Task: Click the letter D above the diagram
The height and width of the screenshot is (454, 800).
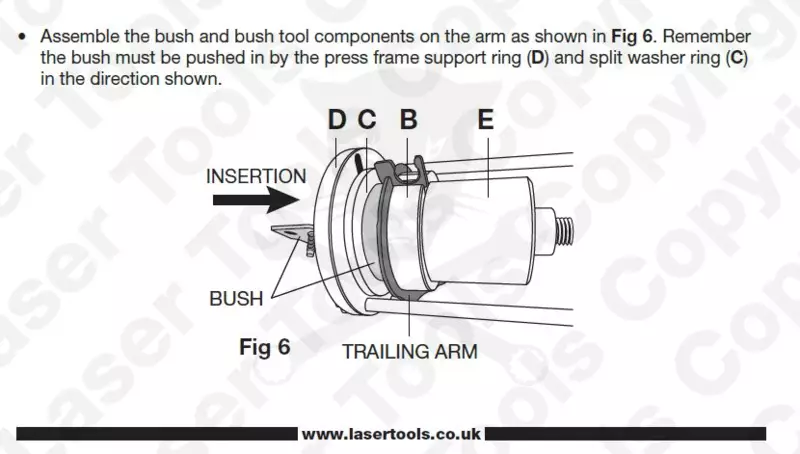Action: tap(337, 120)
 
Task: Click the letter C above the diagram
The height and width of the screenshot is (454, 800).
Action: tap(367, 120)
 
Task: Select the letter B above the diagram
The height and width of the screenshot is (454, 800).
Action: tap(409, 120)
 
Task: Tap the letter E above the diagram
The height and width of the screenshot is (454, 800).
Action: tap(486, 120)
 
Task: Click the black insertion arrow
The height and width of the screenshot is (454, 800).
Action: tap(256, 199)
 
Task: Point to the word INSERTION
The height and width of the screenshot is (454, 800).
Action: tap(256, 176)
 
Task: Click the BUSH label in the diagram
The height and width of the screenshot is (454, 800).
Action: tap(236, 298)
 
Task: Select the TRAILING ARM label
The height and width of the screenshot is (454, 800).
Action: tap(410, 351)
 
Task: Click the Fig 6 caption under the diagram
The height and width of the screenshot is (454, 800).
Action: tap(265, 347)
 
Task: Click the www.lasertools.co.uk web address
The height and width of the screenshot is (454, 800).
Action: tap(391, 434)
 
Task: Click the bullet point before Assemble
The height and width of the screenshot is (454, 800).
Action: tap(21, 37)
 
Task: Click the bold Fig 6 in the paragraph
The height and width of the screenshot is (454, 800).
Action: tap(632, 37)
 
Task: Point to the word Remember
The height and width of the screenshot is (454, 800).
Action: tap(707, 37)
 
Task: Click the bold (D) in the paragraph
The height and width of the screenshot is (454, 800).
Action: tap(538, 58)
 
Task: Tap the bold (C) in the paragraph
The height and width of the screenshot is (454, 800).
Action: tap(736, 58)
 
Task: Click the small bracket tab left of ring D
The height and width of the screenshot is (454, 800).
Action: tap(291, 233)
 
